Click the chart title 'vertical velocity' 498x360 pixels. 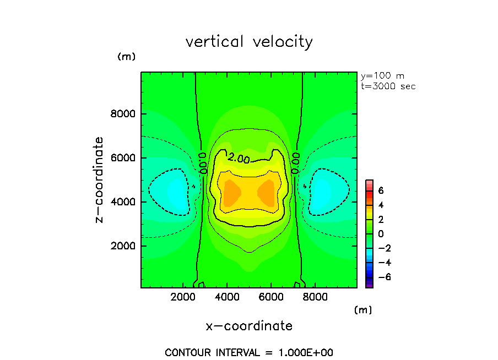pos(249,42)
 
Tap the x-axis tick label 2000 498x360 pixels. pos(184,297)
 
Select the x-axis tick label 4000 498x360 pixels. pos(228,297)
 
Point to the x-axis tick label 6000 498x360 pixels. pos(270,297)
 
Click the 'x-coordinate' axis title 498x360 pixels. pos(249,326)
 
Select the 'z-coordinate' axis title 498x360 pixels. pos(100,180)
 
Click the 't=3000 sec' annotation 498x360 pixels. pos(388,86)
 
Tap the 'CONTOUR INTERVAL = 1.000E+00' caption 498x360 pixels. pos(249,352)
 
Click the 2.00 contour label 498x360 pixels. pos(240,159)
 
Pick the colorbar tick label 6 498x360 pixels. pos(380,190)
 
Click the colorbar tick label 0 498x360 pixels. pos(380,233)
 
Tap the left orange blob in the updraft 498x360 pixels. pos(232,193)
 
